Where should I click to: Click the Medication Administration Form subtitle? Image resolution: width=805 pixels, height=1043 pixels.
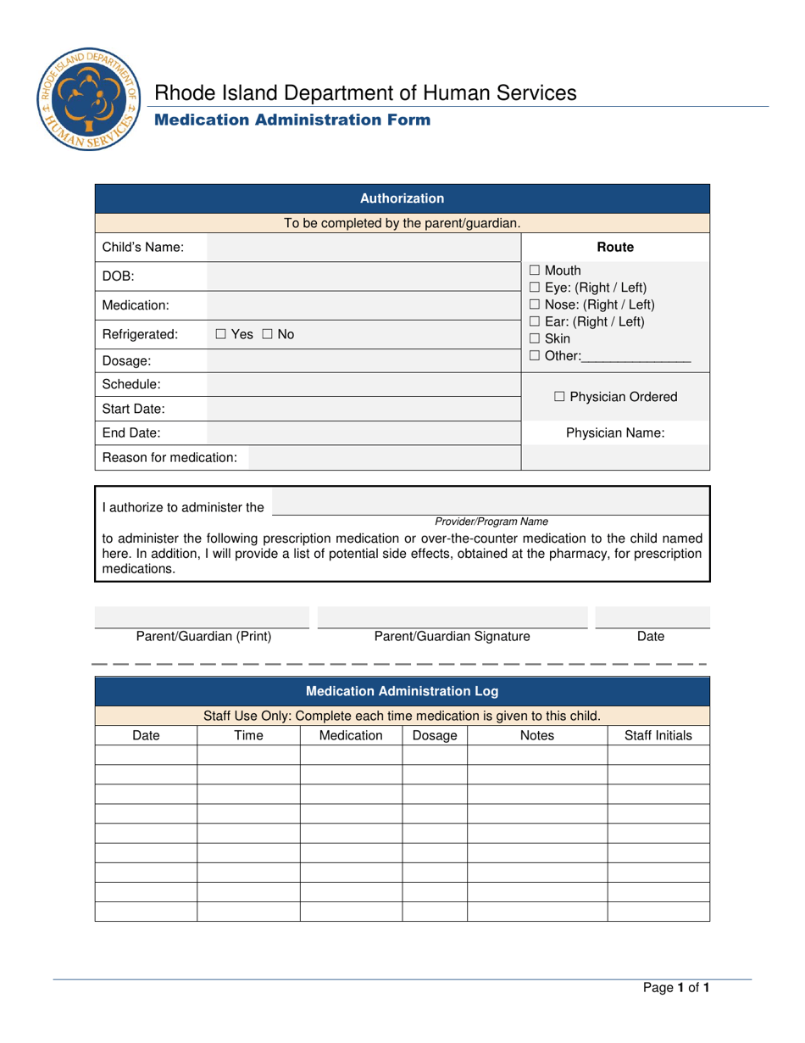point(291,120)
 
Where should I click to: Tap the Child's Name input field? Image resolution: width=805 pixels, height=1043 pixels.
point(362,248)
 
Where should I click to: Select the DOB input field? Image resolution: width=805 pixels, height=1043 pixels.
point(362,276)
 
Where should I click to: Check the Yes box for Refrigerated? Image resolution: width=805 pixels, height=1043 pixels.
point(220,335)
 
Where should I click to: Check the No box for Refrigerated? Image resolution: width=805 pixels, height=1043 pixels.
point(264,335)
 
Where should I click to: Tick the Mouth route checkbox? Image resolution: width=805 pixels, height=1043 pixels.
point(535,271)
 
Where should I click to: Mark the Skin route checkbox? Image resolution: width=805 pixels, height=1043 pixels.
point(535,339)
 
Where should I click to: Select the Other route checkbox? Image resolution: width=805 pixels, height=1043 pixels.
point(535,356)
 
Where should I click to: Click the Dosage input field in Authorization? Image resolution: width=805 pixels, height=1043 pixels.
point(362,361)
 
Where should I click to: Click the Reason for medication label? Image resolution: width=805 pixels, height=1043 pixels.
point(169,458)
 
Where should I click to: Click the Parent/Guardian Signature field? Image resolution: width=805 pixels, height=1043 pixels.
point(452,616)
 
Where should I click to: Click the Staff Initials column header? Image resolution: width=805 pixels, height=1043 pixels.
point(658,736)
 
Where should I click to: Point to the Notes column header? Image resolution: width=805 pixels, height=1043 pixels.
point(536,736)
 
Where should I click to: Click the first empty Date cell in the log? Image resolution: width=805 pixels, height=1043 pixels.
point(146,756)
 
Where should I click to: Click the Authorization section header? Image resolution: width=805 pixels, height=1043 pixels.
point(402,199)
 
